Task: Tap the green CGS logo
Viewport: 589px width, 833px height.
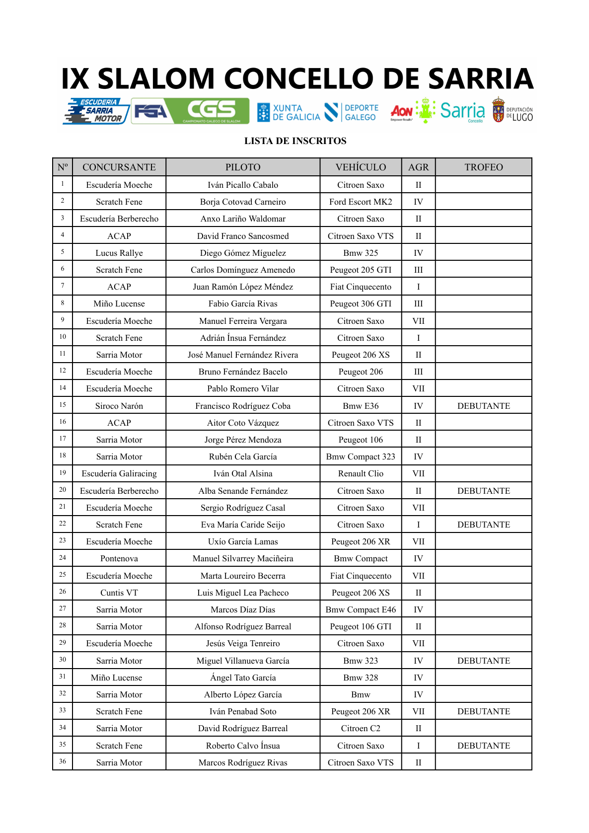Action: coord(212,110)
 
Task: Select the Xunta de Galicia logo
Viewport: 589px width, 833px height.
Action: coord(289,112)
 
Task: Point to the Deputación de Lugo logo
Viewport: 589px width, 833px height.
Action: coord(513,110)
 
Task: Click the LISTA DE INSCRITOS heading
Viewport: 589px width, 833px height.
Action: coord(295,141)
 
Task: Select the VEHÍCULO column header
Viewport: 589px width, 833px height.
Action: coord(361,167)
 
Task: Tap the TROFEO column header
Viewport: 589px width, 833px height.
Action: coord(483,167)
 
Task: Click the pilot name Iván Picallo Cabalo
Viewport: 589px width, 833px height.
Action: coord(243,185)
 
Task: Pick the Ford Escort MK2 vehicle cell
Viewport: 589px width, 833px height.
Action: coord(361,202)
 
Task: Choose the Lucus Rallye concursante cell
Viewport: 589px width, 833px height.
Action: coord(119,253)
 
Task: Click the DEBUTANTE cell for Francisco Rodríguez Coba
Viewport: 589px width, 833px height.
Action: coord(483,406)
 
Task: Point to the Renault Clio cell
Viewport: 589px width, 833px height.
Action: coord(361,473)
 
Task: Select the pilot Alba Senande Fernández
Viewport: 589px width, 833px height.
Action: coord(243,491)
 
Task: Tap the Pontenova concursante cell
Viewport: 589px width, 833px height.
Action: coord(119,558)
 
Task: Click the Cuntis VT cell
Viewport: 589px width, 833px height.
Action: coord(119,593)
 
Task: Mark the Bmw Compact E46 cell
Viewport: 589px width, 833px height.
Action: coord(361,609)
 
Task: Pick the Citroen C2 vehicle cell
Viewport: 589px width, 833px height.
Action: coord(361,728)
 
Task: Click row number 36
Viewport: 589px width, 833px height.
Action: coord(63,761)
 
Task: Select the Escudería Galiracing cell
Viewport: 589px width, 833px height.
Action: coord(119,473)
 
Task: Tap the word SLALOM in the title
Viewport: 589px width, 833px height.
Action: coord(157,79)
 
